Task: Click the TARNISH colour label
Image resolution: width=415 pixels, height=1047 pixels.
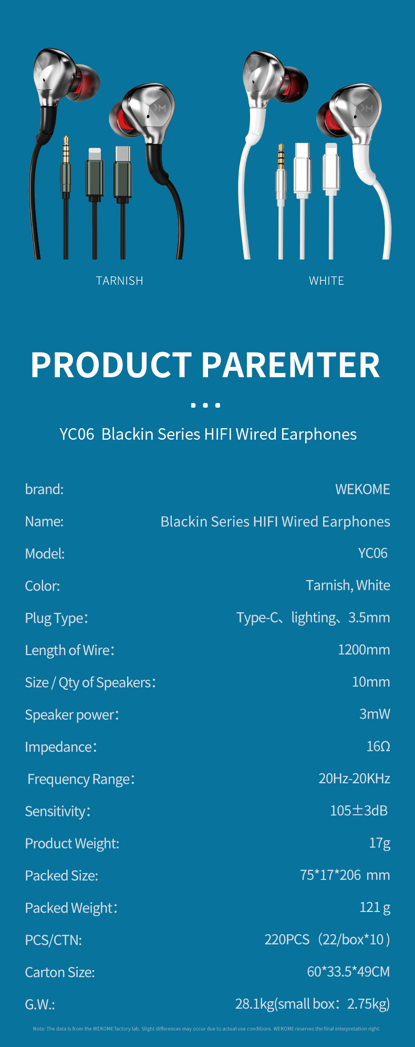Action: click(x=119, y=281)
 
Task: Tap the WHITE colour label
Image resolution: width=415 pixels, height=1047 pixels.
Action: click(x=326, y=281)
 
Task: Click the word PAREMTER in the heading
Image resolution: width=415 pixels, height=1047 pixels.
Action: click(x=290, y=365)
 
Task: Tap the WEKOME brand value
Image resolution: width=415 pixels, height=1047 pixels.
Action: click(x=362, y=490)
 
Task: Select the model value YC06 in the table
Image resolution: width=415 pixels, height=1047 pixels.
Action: click(x=373, y=553)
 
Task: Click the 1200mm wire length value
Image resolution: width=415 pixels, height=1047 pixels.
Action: click(x=364, y=650)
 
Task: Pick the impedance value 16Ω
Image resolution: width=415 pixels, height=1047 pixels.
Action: click(x=378, y=747)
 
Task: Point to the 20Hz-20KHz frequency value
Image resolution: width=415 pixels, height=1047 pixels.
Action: click(x=355, y=779)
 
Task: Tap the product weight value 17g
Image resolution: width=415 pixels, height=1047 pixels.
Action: click(x=380, y=843)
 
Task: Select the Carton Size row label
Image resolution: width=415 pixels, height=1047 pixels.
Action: click(x=60, y=972)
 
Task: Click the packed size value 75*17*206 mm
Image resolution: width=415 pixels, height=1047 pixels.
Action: click(x=345, y=875)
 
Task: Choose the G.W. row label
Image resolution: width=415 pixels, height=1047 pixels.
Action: click(x=40, y=1004)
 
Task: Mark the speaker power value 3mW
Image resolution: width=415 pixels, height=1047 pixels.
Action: click(x=375, y=714)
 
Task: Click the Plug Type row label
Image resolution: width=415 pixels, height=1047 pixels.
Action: click(x=57, y=618)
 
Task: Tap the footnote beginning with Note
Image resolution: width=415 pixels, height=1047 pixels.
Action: click(x=206, y=1029)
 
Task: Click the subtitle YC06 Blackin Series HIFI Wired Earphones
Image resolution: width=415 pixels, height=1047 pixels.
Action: click(x=208, y=434)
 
